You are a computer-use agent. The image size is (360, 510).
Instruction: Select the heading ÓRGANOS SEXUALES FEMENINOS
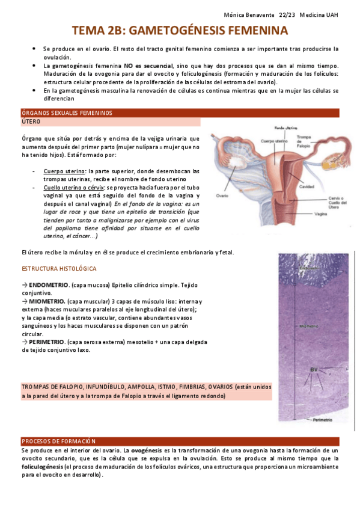pos(67,113)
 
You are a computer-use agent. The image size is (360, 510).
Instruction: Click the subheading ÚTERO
pos(31,121)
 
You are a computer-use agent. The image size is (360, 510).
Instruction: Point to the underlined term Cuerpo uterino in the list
pos(64,171)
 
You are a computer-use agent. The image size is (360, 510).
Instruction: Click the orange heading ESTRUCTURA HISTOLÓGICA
pos(59,268)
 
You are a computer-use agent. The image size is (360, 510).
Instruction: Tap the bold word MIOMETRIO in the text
pos(46,301)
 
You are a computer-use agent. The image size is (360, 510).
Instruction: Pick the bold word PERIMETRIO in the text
pos(47,342)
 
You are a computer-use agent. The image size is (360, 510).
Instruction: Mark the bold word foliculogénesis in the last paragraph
pos(42,467)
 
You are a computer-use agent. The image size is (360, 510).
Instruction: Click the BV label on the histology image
pos(313,369)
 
